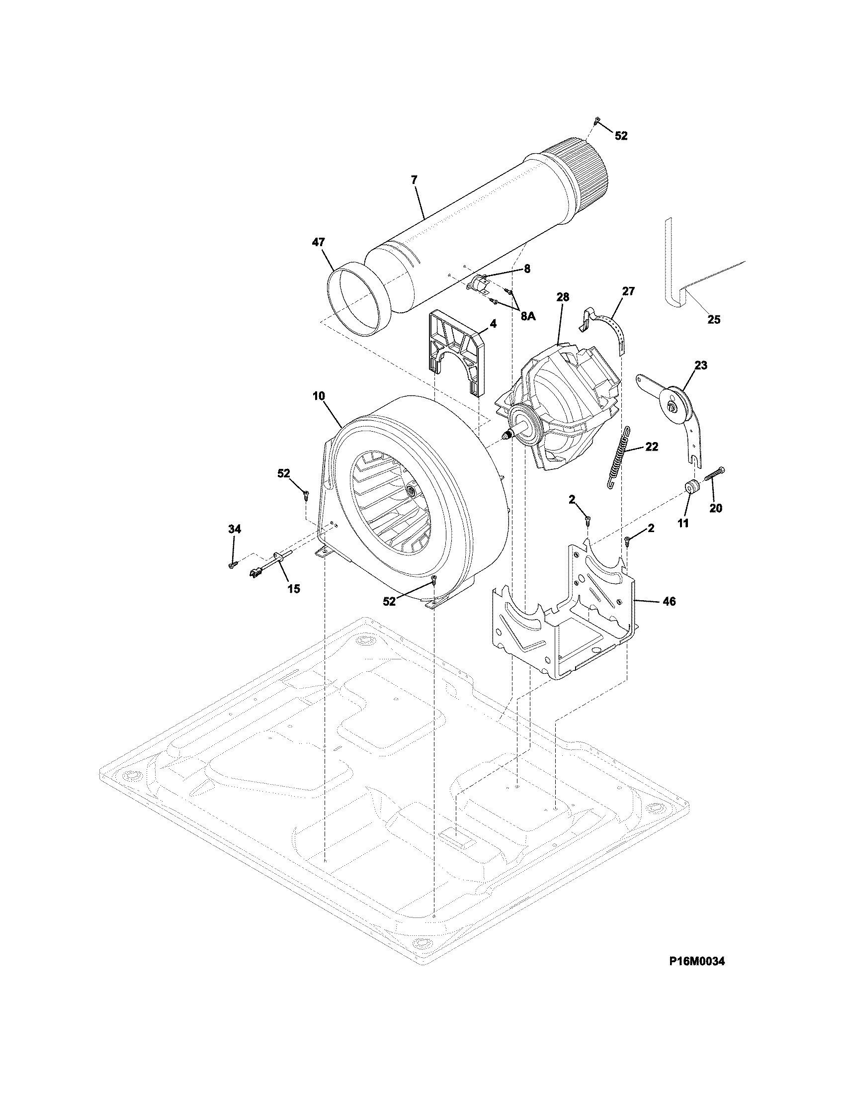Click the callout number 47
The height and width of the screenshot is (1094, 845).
click(x=319, y=243)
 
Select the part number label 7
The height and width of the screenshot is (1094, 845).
click(x=414, y=180)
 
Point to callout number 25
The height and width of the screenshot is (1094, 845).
click(x=713, y=319)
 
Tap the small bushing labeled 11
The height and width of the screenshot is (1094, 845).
click(x=692, y=486)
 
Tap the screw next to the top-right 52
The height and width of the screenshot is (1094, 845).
click(x=596, y=120)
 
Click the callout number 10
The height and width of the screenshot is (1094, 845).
click(x=319, y=396)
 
